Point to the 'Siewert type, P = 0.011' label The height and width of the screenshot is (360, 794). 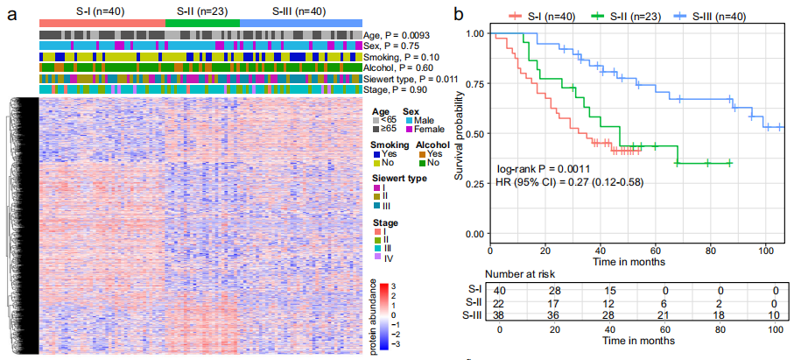419,78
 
